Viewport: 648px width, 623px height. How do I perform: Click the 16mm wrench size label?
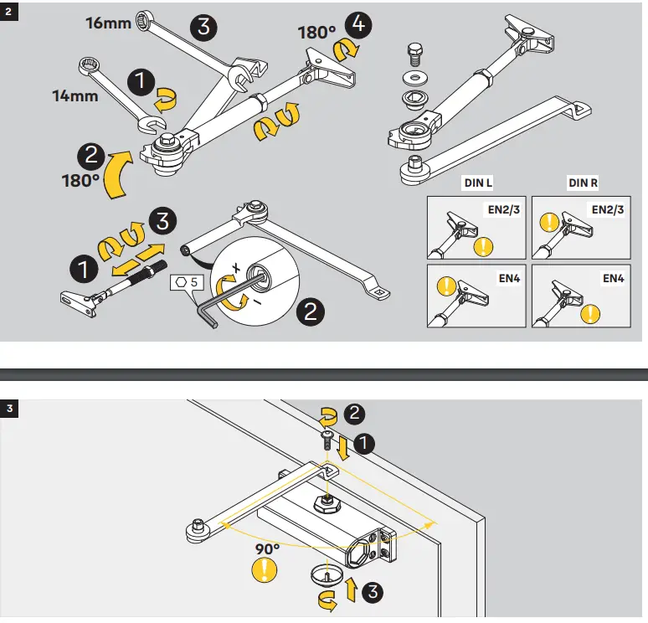click(x=108, y=23)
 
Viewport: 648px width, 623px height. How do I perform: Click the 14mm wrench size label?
click(x=75, y=95)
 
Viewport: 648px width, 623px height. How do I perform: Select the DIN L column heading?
click(x=479, y=183)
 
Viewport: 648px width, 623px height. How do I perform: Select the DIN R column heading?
click(x=584, y=183)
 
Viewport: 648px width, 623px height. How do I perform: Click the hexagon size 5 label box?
click(x=186, y=282)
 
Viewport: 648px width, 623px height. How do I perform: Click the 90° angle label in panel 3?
click(x=267, y=548)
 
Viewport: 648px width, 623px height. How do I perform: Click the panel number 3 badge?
click(x=9, y=409)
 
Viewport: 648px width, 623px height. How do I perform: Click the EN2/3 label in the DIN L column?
click(x=502, y=209)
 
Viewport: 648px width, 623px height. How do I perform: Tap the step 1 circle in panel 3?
click(x=365, y=442)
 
